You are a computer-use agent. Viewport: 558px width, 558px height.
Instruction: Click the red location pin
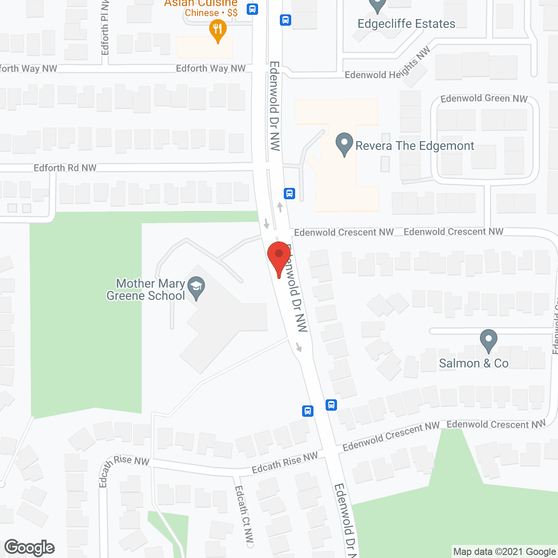click(x=279, y=257)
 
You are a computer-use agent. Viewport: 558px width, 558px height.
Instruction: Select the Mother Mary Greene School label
click(x=146, y=290)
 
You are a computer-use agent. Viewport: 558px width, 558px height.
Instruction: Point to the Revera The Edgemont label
click(x=415, y=146)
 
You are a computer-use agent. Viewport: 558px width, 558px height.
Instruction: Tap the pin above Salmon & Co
click(x=489, y=340)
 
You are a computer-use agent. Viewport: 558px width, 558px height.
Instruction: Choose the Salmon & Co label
click(x=474, y=363)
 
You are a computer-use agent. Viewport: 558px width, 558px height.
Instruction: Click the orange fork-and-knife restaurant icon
click(x=218, y=31)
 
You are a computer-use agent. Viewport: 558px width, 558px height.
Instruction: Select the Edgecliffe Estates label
click(x=406, y=24)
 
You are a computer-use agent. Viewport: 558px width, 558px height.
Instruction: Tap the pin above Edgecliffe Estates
click(x=378, y=5)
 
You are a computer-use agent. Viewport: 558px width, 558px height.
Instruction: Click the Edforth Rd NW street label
click(x=65, y=168)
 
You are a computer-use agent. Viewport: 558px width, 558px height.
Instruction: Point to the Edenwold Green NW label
click(x=484, y=99)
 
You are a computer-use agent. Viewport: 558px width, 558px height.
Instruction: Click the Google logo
click(x=30, y=548)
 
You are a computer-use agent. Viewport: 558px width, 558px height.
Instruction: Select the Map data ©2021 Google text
click(x=505, y=552)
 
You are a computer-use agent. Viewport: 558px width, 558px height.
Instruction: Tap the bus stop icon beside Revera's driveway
click(x=289, y=193)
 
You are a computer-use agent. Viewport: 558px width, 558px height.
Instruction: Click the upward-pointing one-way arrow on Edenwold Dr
click(x=280, y=207)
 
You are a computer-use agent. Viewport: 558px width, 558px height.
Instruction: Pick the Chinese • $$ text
click(x=211, y=13)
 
